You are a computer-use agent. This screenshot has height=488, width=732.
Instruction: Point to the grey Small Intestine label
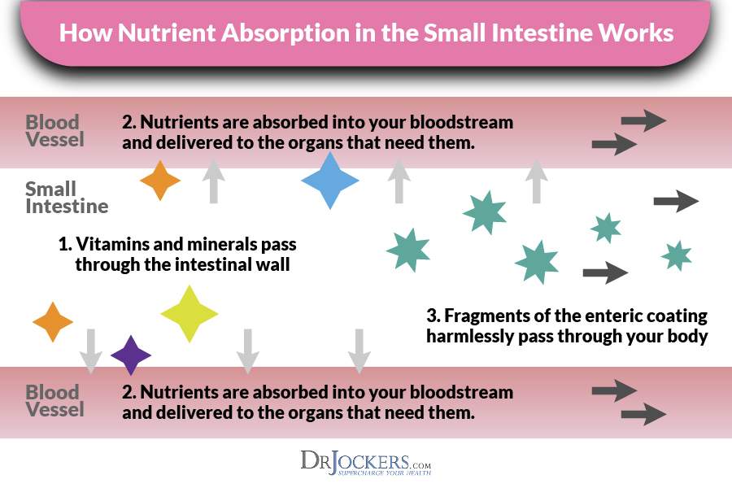pos(67,198)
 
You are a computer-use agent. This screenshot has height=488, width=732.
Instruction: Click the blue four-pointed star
pos(330,181)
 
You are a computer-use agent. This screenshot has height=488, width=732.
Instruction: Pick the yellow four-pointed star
pos(190,313)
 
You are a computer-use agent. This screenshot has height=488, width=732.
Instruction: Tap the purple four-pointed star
pos(131,355)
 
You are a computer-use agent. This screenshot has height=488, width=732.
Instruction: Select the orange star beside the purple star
pos(53,321)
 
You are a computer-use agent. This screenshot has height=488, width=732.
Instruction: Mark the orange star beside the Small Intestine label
pos(160,181)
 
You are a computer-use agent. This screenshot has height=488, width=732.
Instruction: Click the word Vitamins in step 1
pos(118,244)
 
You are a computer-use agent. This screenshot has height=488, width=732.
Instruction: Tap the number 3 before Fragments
pos(432,316)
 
